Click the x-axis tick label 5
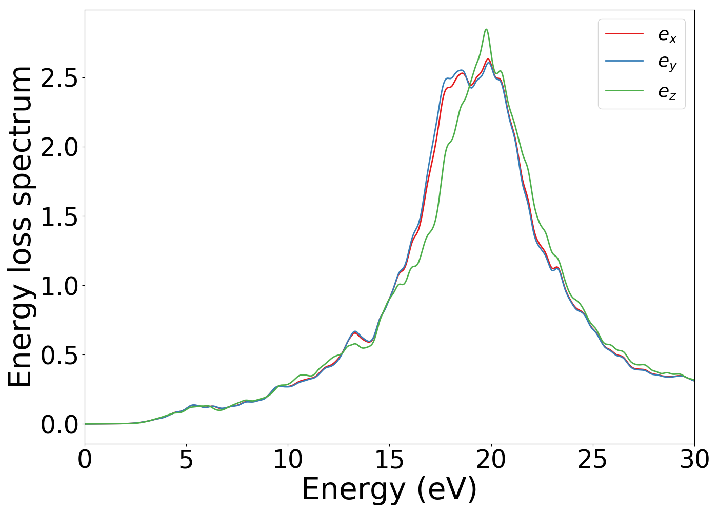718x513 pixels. point(186,460)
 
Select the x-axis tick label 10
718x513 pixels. point(288,460)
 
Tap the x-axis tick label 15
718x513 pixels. point(389,460)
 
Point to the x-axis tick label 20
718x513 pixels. point(491,460)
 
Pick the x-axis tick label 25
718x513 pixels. point(593,460)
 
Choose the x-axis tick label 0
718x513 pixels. point(85,460)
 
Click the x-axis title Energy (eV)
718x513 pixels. point(389,489)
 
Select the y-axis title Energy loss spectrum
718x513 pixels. point(21,227)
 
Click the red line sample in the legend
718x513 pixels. point(624,34)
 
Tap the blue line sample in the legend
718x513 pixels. point(624,62)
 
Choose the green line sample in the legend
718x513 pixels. point(624,90)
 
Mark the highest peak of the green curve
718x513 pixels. point(486,29)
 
